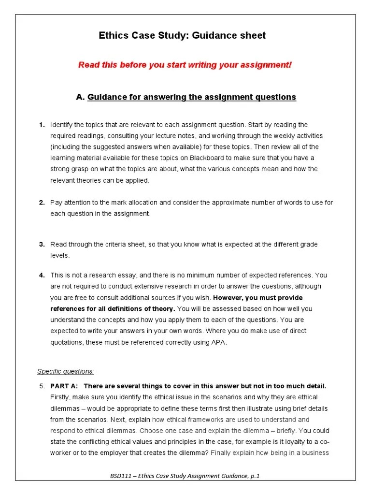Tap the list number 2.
click(x=42, y=203)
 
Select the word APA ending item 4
click(x=220, y=342)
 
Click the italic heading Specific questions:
click(x=66, y=371)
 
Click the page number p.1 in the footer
click(x=255, y=476)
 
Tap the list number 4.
click(x=42, y=275)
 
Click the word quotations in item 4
click(x=69, y=342)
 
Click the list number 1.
click(x=42, y=125)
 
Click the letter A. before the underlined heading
click(x=80, y=97)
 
